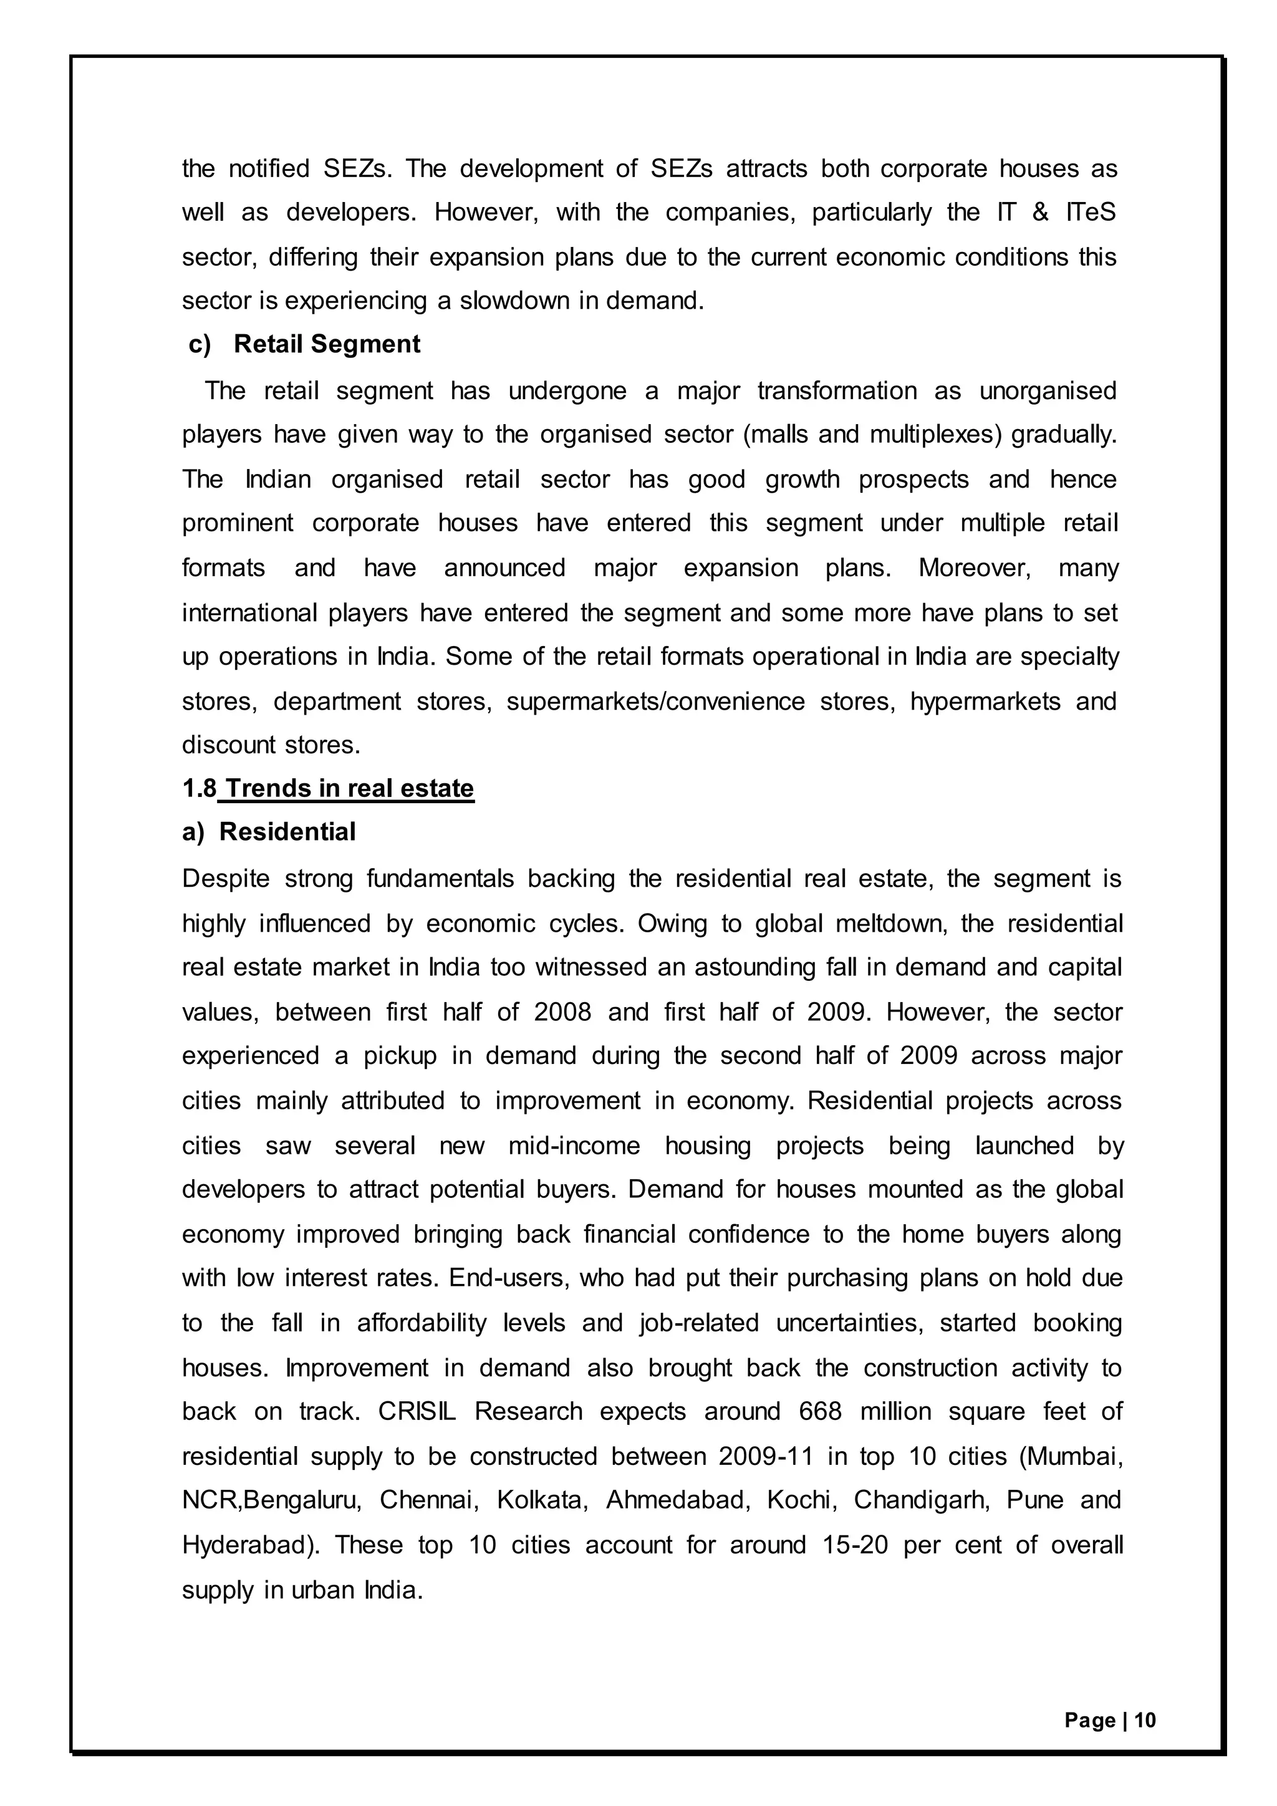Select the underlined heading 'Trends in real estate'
pos(349,788)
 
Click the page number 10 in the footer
pos(1145,1721)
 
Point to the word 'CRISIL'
pos(417,1411)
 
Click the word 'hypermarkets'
pos(985,701)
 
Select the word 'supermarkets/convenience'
pos(656,701)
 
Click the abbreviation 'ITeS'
pos(1091,213)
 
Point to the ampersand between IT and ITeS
pos(1040,213)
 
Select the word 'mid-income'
pos(574,1145)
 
